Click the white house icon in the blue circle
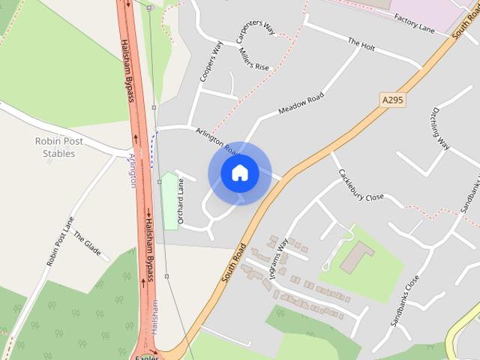click(x=240, y=173)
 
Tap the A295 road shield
click(x=392, y=100)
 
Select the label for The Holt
click(x=361, y=44)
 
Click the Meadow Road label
click(x=301, y=104)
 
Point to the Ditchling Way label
click(x=439, y=128)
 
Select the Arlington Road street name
click(x=217, y=140)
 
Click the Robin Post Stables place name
click(x=59, y=147)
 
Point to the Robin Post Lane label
click(x=61, y=241)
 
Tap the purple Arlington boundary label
click(x=133, y=172)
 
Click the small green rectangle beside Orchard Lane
click(x=169, y=201)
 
